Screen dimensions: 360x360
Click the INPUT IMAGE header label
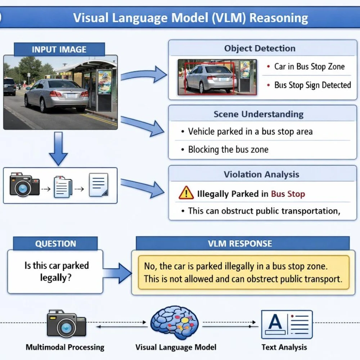tap(59, 49)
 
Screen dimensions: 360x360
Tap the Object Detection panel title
tap(260, 48)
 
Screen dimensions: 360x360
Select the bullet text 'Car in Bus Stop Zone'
tap(309, 67)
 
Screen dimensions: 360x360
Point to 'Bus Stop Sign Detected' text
tap(312, 85)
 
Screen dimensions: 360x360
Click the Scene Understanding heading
tap(258, 114)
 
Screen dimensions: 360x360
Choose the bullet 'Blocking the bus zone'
tap(228, 149)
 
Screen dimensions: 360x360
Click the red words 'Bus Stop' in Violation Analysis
tap(288, 194)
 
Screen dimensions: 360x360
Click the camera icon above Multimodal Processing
tap(66, 324)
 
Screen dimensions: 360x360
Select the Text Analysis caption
tap(284, 347)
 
